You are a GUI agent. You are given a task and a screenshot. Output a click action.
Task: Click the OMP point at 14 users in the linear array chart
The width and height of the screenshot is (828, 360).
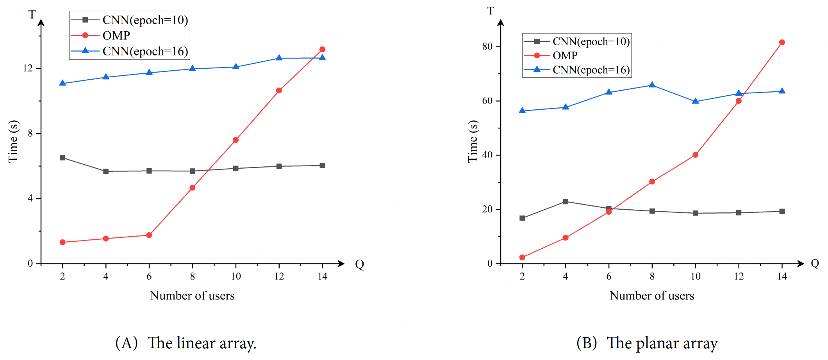[322, 50]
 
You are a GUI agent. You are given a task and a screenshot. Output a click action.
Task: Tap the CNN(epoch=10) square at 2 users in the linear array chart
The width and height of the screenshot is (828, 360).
[62, 158]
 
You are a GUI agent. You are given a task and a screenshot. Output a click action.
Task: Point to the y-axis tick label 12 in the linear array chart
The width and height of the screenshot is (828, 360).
[28, 68]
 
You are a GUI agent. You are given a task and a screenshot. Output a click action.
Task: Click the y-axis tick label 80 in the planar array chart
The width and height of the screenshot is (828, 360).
[487, 46]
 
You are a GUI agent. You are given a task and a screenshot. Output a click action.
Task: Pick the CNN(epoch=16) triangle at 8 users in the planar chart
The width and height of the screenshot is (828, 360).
[652, 85]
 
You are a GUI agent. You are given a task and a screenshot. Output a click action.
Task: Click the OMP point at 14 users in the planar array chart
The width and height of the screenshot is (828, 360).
[782, 43]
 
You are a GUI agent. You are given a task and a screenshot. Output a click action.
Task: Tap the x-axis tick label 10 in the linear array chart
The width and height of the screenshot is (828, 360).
[236, 276]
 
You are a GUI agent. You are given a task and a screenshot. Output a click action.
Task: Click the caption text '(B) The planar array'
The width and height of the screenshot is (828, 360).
[647, 343]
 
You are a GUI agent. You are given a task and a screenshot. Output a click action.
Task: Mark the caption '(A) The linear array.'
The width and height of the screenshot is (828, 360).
[186, 343]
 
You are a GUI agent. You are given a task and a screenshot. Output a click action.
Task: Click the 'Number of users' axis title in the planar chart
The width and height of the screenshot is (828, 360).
[652, 296]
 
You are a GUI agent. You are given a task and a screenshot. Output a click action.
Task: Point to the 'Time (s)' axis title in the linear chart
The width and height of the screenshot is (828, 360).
[13, 141]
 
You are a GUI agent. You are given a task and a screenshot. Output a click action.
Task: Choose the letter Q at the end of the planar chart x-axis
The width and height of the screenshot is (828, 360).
[815, 264]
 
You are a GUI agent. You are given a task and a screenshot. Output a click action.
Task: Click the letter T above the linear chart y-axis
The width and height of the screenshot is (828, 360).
[32, 15]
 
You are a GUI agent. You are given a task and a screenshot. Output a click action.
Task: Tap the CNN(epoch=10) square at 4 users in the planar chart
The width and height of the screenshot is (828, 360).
[566, 202]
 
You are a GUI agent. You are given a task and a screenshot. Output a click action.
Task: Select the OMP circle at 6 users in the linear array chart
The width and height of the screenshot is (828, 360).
[149, 235]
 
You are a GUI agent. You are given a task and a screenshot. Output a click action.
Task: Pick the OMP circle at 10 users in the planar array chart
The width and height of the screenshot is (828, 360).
[695, 155]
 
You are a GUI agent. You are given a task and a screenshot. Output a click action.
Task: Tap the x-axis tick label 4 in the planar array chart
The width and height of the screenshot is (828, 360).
[565, 276]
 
